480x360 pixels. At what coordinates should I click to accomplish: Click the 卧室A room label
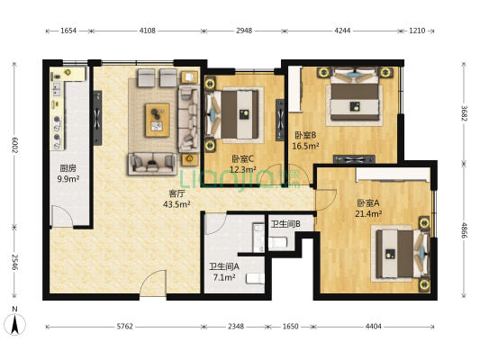tap(368, 202)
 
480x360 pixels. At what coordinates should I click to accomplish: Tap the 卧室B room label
tap(305, 135)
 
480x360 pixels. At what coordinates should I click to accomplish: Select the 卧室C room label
tap(242, 158)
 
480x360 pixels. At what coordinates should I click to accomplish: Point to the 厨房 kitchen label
tap(68, 168)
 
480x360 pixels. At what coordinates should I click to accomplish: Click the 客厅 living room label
tap(177, 193)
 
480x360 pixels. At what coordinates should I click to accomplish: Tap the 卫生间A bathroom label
tap(223, 266)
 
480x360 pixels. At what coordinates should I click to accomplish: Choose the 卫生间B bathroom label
tap(285, 224)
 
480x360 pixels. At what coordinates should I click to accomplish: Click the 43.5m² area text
tap(177, 204)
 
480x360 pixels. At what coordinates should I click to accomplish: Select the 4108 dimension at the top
tap(148, 31)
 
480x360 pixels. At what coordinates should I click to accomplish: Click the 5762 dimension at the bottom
tap(125, 327)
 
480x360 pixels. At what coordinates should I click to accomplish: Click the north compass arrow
tap(14, 324)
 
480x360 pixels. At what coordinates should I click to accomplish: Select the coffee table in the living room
tap(158, 120)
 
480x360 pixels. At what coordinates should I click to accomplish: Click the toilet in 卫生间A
tap(255, 279)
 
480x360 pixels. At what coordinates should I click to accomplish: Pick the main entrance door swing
tap(153, 283)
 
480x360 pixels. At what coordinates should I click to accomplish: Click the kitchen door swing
tap(62, 217)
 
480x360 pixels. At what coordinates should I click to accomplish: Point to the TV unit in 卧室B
tap(354, 159)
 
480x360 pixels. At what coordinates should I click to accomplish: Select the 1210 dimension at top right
tap(417, 31)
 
